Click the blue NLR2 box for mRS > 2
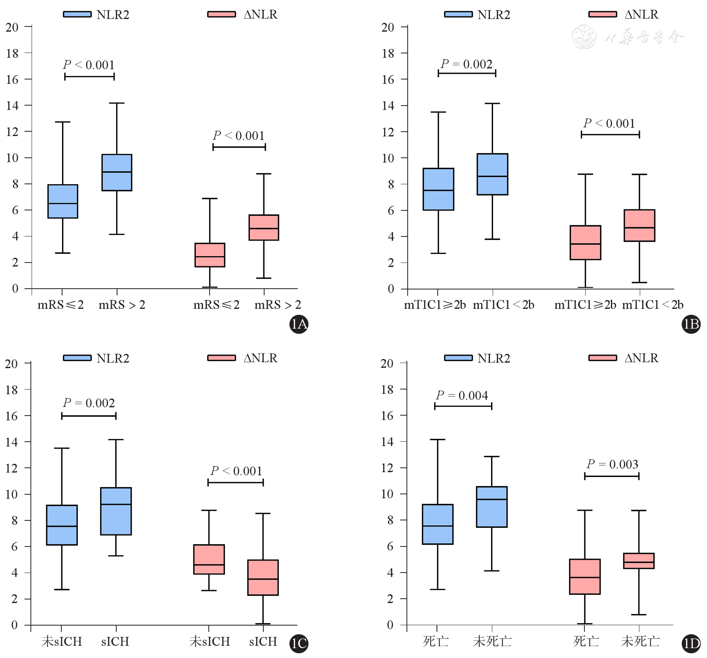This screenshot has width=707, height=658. coord(117,172)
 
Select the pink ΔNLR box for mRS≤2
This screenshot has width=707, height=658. coord(210,255)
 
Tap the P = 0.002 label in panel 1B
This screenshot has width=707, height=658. coord(467,64)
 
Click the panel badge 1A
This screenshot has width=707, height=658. coord(299,324)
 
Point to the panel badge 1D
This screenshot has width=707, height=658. coord(691,644)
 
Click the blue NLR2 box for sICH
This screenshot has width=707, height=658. coord(116,511)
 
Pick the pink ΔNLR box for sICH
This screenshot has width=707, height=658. coord(263,577)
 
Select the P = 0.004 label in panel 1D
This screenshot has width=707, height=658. coord(462,395)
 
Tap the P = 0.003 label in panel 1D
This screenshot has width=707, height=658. coord(612,464)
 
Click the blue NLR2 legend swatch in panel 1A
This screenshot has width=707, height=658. coord(77,15)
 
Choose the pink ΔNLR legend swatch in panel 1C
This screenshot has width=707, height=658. coord(221,358)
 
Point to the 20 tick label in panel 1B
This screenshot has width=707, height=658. coord(388,27)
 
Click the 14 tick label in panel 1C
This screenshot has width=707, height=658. coord(12,442)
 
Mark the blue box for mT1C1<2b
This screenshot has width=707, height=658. coord(492,174)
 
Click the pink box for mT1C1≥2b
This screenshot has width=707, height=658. coord(585,242)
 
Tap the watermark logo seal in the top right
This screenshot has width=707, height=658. coord(584,37)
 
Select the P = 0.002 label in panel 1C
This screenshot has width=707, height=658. coord(89,403)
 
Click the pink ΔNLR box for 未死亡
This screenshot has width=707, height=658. coord(639,561)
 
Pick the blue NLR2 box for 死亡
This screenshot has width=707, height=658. coord(437,524)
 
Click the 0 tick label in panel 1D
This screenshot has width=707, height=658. coord(390,625)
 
